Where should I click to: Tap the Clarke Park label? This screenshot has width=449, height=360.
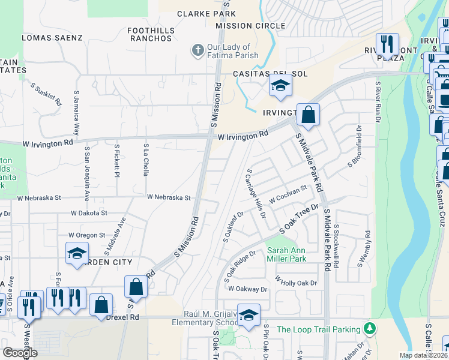point(206,13)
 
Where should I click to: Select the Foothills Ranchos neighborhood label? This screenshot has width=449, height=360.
point(151,34)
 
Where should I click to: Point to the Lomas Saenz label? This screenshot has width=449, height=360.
point(52,37)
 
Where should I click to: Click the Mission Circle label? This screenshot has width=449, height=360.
point(250,26)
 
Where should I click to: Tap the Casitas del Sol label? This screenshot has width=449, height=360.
point(270,74)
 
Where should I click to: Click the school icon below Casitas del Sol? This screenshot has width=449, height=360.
point(280,85)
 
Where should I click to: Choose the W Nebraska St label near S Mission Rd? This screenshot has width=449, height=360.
point(169,197)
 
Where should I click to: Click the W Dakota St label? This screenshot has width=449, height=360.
point(89,213)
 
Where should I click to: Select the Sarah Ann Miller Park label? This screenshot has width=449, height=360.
point(287,254)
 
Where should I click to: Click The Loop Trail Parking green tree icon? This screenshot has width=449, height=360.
point(370,329)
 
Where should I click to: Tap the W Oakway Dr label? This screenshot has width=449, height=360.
point(247,289)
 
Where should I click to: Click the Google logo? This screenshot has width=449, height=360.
point(20,353)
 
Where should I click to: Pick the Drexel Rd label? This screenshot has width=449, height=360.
point(124,317)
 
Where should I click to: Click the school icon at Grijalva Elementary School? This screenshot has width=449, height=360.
point(249,314)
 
